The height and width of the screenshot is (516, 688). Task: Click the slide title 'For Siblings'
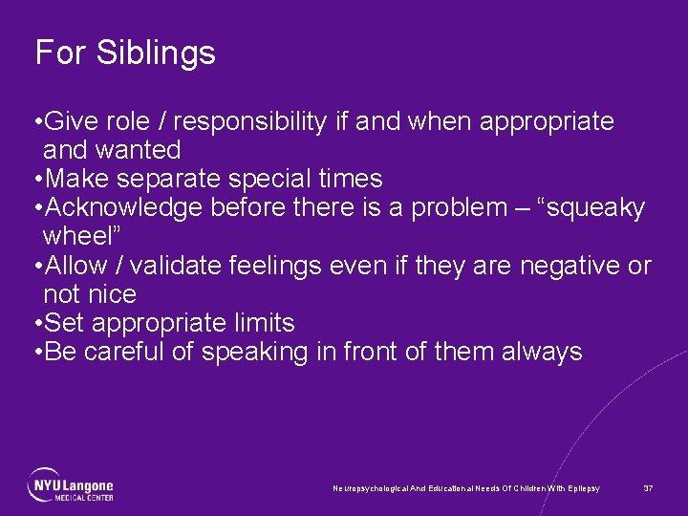pos(125,53)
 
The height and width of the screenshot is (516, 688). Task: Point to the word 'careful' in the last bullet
pos(123,352)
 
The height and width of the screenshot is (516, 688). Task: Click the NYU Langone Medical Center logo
pos(71,485)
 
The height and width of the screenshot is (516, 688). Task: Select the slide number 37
pos(648,488)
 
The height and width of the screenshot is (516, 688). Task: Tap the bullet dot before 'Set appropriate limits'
pos(36,323)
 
